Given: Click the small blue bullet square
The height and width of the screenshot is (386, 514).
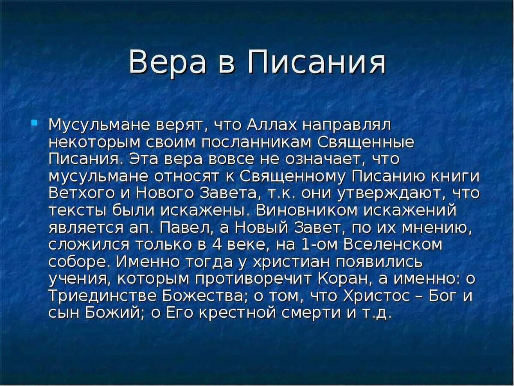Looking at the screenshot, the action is [x=34, y=123].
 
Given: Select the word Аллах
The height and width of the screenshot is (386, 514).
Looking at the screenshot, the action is [x=272, y=125].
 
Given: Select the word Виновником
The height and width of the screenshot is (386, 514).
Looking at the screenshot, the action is [x=307, y=211].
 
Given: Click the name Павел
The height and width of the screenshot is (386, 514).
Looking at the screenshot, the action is [x=185, y=228].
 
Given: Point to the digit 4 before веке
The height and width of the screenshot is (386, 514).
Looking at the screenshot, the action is [x=217, y=244].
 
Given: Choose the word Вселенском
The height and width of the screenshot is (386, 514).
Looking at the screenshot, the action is [x=393, y=244].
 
